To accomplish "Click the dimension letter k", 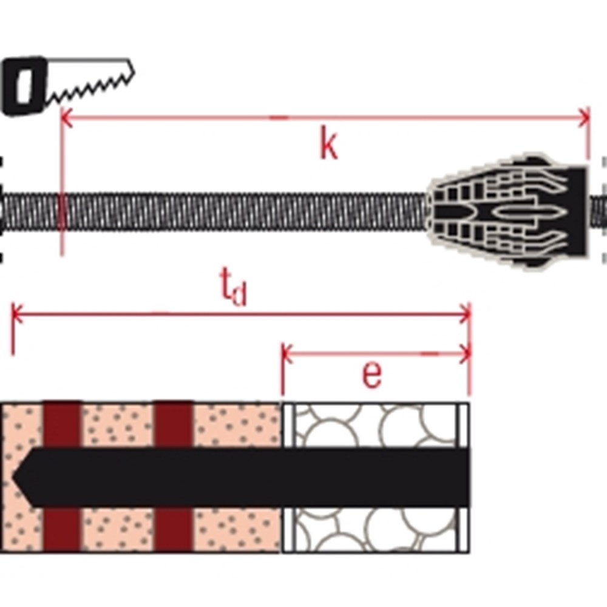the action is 328,144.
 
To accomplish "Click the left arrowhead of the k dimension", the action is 67,118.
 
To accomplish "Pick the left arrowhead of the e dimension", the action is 288,353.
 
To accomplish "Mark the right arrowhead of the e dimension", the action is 465,353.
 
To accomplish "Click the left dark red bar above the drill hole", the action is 62,425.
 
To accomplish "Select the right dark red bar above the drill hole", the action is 173,425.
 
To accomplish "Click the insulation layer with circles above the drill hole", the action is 376,425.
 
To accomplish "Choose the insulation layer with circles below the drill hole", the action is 376,529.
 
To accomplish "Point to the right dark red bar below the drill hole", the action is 173,529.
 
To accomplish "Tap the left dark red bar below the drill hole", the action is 62,529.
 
